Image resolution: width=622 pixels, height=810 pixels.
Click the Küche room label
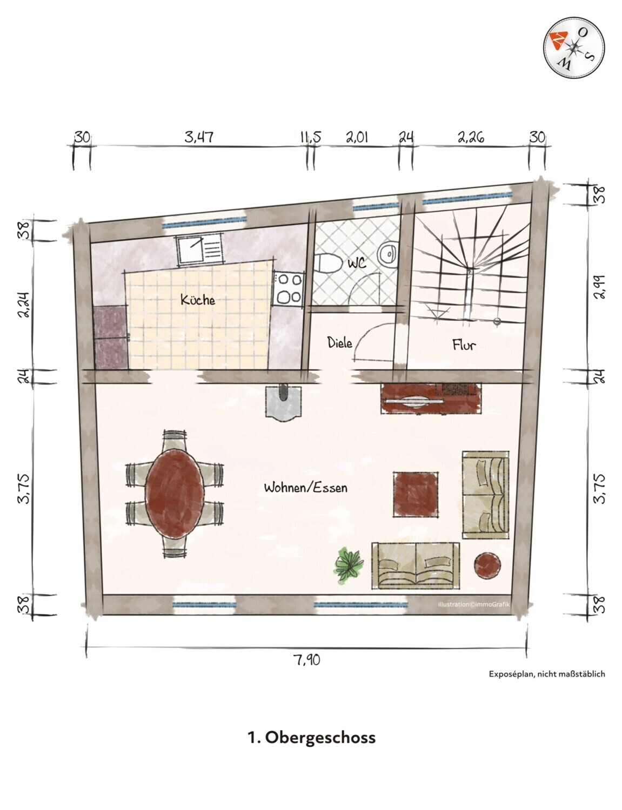point(198,299)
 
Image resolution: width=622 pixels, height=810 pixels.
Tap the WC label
point(357,263)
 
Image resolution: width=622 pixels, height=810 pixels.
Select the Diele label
point(339,342)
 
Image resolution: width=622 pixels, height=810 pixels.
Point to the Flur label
point(464,345)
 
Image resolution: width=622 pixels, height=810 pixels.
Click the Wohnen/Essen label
point(305,488)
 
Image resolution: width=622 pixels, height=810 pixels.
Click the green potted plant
point(349,565)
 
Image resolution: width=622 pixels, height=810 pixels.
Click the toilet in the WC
point(328,264)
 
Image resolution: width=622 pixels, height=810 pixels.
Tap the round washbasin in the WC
point(388,254)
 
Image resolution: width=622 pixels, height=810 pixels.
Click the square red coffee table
point(416,494)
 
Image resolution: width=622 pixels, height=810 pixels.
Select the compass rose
point(574,48)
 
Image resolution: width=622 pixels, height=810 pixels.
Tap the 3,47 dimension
point(199,137)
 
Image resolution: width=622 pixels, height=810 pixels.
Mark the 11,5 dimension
point(311,137)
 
